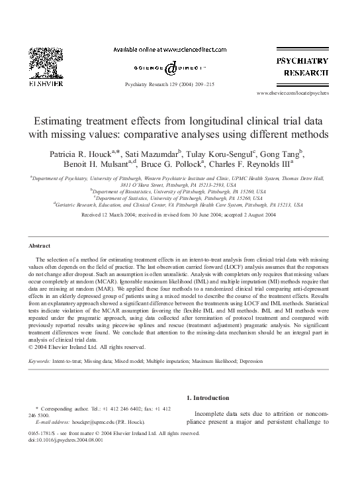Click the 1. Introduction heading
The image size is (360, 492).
209,398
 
